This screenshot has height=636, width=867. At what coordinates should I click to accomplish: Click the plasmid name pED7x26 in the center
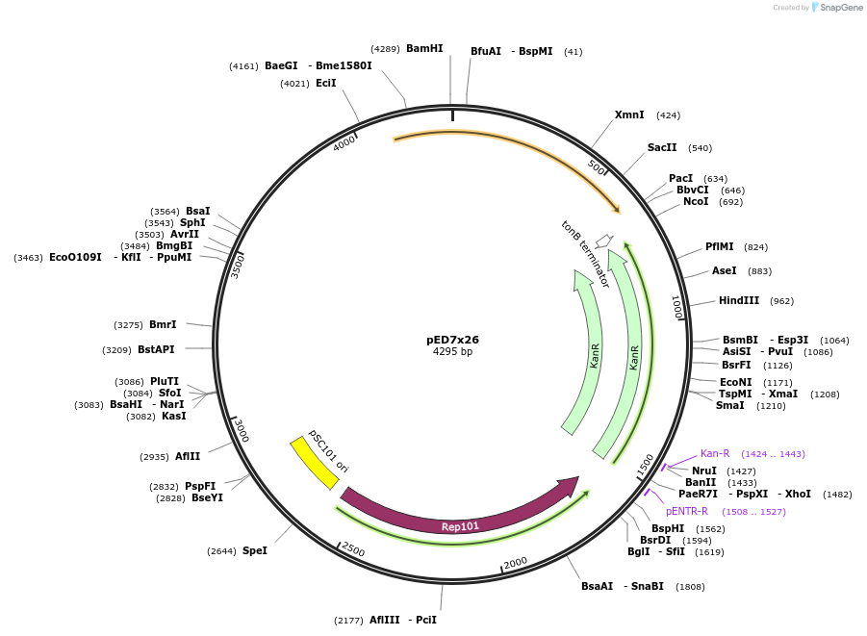[x=452, y=340]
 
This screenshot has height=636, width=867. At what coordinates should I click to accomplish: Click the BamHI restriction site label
[x=424, y=48]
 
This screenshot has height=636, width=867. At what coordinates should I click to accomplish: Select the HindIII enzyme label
[x=738, y=300]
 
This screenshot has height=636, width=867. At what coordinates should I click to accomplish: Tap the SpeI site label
[x=254, y=550]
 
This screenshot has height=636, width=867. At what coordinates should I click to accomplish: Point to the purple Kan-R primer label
[x=714, y=453]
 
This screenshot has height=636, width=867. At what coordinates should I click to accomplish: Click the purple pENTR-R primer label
[x=686, y=511]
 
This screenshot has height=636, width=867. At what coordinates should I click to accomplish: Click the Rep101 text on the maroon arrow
[x=460, y=526]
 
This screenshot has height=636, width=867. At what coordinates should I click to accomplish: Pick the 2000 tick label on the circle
[x=516, y=563]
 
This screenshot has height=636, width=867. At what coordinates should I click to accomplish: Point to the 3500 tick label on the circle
[x=238, y=266]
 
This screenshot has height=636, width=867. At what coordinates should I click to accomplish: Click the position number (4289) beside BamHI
[x=385, y=48]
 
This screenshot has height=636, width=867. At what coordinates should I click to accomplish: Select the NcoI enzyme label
[x=695, y=201]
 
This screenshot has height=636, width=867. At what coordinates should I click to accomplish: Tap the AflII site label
[x=187, y=456]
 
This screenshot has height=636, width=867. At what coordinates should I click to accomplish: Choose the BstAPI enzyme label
[x=156, y=349]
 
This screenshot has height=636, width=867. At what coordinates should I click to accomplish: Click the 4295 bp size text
[x=452, y=352]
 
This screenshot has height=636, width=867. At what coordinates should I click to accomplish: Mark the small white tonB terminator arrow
[x=603, y=240]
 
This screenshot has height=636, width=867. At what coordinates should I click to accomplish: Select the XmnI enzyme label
[x=629, y=114]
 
